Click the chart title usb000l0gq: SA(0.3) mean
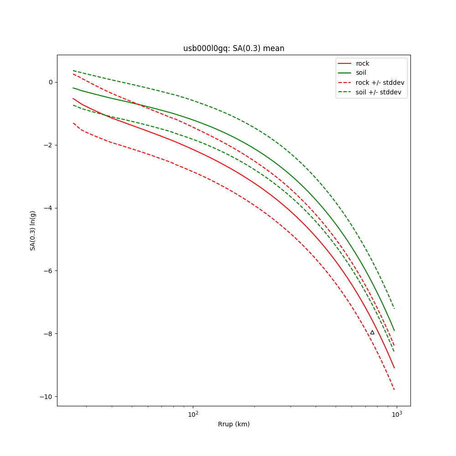tap(233, 48)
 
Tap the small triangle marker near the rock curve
tap(372, 332)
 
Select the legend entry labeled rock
tap(363, 63)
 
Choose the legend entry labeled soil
tap(361, 73)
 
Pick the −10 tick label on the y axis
tap(47, 396)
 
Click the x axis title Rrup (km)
tap(233, 424)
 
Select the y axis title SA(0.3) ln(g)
tap(33, 230)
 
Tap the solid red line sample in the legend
tap(345, 63)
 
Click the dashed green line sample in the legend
tap(345, 92)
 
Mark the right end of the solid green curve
tap(394, 331)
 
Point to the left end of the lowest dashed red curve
tap(73, 123)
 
